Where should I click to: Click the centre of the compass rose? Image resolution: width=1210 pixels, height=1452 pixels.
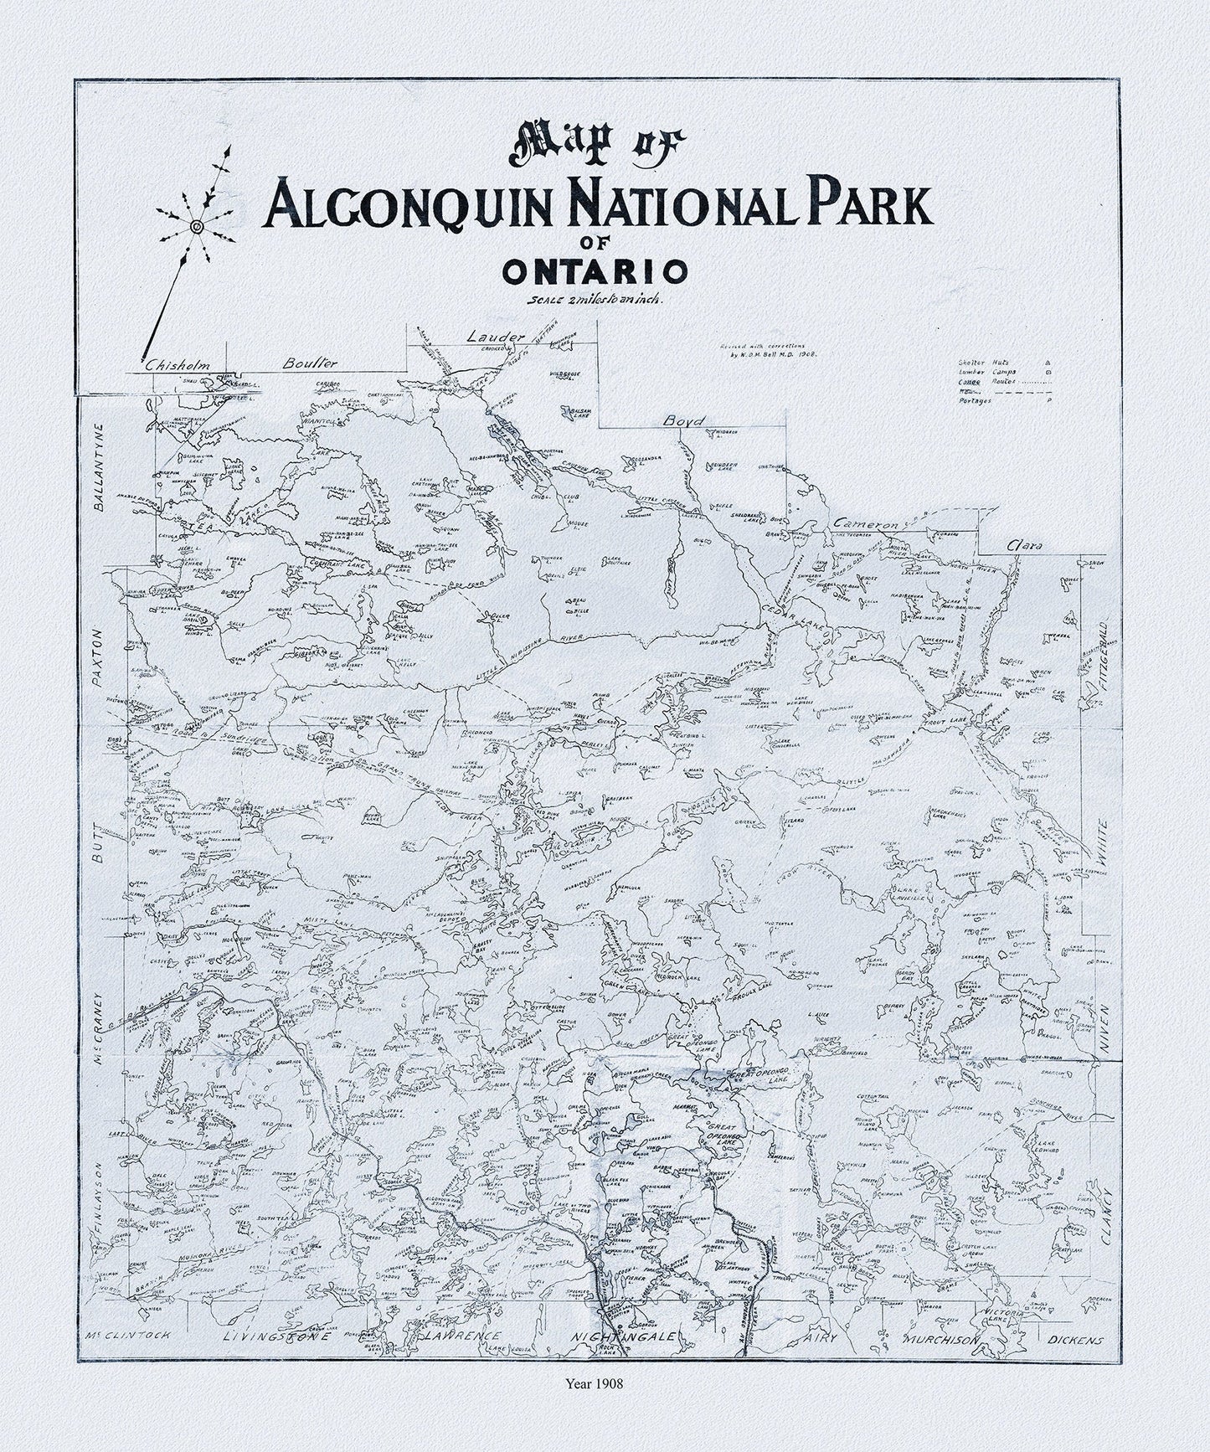coord(196,226)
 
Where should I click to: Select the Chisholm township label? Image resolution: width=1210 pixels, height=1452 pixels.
coord(177,365)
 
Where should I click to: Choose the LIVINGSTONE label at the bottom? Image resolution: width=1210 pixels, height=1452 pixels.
coord(272,1362)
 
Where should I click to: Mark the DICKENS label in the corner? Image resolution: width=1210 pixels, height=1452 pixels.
coord(1075,1363)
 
